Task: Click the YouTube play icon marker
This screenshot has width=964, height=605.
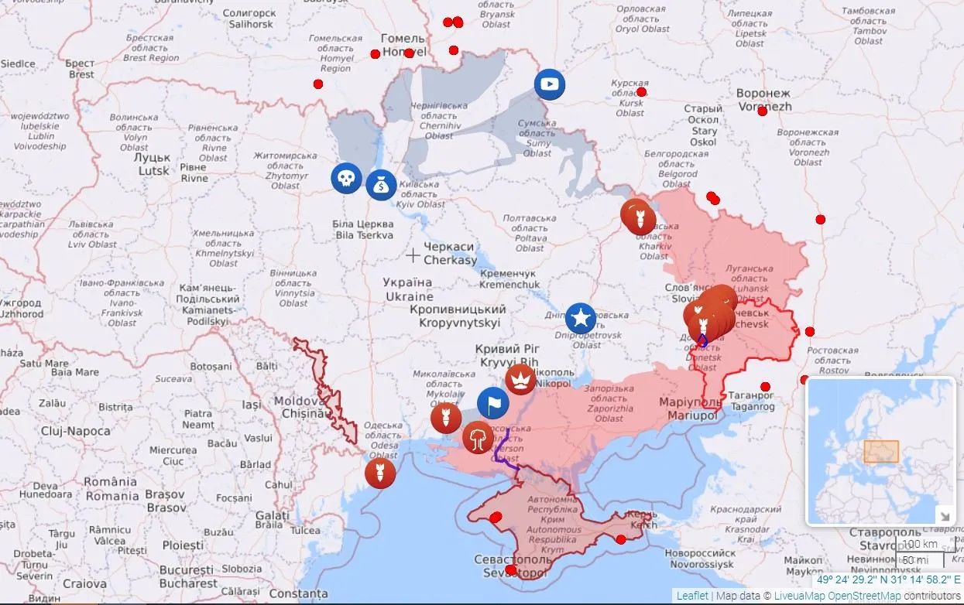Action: pos(550,84)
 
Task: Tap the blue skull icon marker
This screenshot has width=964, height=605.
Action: pos(346,179)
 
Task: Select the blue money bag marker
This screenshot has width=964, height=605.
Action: pos(381,184)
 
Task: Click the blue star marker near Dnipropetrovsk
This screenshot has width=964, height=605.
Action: pos(581,318)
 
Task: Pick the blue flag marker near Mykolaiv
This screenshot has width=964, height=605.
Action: pos(492,402)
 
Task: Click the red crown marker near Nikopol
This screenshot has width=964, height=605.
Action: pos(520,379)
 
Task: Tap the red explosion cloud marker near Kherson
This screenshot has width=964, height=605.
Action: pos(478,437)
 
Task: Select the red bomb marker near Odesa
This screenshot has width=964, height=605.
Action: pos(380,473)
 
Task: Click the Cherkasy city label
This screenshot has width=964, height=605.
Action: pos(449,253)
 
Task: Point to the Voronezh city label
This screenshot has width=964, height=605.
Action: pos(764,100)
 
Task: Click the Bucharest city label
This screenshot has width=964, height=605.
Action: pos(186,576)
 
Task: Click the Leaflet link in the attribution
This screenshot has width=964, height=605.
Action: pos(691,596)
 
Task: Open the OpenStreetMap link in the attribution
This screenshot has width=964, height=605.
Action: pos(864,596)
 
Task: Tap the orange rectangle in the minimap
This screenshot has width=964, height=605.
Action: pos(881,452)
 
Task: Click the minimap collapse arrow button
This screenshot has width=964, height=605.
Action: pos(945,516)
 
